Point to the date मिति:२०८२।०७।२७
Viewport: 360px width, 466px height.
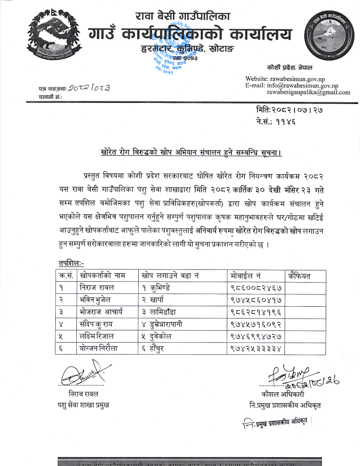[x=289, y=110]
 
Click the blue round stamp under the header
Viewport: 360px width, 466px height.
[x=170, y=63]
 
